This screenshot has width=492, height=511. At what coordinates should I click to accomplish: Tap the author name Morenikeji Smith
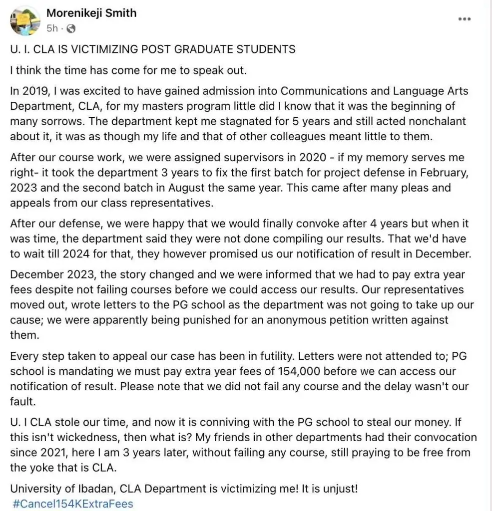click(91, 13)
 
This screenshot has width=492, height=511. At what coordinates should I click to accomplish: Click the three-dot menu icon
click(465, 19)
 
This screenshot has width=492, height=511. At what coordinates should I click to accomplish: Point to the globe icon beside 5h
click(71, 28)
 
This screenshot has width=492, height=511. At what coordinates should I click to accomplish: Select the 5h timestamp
click(52, 28)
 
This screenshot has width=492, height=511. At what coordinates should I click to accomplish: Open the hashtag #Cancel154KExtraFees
click(73, 504)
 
